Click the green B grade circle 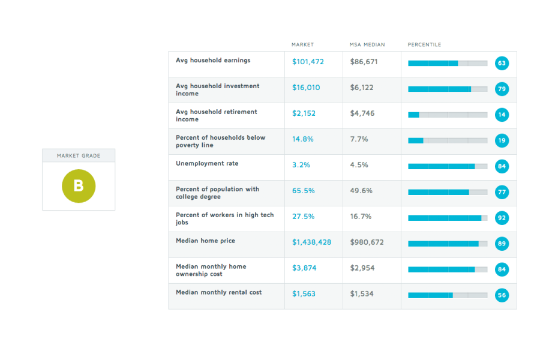(79, 186)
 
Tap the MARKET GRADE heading (79, 156)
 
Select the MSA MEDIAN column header (367, 44)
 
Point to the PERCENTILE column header (424, 44)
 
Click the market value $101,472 (308, 62)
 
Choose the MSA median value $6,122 (362, 88)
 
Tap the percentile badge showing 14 (502, 115)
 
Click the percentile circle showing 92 (502, 218)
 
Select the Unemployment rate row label (207, 163)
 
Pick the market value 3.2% (301, 165)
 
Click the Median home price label (205, 241)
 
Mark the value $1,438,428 (311, 242)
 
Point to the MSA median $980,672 (367, 242)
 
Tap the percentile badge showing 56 (502, 295)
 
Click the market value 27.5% (304, 217)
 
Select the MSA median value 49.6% (361, 191)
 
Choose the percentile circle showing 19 (502, 140)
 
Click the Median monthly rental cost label (218, 292)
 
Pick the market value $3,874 (304, 268)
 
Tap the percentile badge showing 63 (502, 63)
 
